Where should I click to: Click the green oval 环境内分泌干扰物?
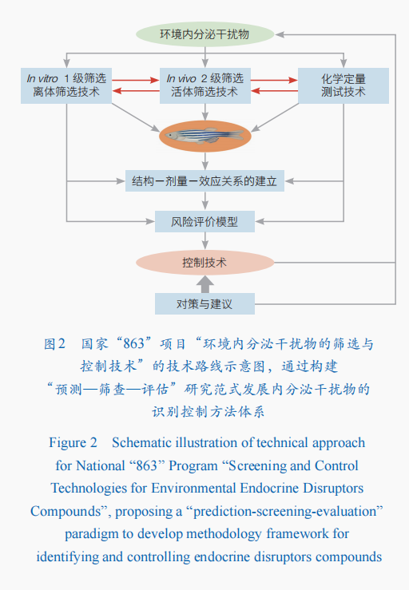pos(204,34)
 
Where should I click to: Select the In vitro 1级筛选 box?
pos(66,85)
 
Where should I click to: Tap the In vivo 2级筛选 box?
pos(204,85)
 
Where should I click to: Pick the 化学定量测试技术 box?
pos(343,85)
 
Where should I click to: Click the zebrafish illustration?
pos(204,136)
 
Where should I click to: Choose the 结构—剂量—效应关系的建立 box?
pos(204,181)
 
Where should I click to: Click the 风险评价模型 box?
pos(204,222)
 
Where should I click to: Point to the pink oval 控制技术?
pos(204,263)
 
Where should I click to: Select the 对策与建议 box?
pos(204,303)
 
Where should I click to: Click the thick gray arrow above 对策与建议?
pos(204,284)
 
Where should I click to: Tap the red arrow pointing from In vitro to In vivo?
pos(136,80)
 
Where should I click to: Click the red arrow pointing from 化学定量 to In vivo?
pos(274,91)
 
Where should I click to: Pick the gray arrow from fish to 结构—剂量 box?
pos(204,161)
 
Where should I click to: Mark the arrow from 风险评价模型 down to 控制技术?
pos(204,241)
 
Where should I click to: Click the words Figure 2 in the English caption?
pos(73,443)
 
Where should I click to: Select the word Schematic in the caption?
pos(141,443)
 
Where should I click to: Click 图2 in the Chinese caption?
pos(55,344)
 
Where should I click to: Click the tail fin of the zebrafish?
pos(236,135)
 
